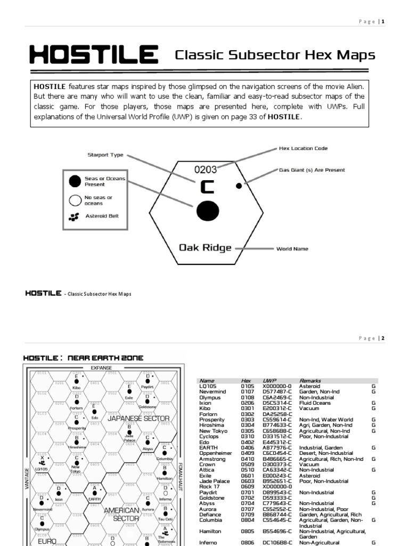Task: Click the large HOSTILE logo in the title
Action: coord(93,55)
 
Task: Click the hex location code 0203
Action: coord(205,170)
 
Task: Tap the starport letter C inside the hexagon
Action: coord(206,188)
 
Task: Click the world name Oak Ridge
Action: coord(205,248)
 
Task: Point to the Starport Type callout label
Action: coord(105,155)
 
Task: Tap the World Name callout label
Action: coord(292,249)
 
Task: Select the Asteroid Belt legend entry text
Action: coord(102,216)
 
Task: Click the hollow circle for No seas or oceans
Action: coord(74,200)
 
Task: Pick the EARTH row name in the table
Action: coord(208,447)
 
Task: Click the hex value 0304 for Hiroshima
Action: coord(246,425)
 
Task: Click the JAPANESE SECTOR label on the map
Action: coord(138,419)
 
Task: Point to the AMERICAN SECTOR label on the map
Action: coord(121,515)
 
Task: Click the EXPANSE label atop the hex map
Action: coord(101,368)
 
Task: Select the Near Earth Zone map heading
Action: coord(83,358)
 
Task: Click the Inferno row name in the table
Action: coord(209,542)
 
